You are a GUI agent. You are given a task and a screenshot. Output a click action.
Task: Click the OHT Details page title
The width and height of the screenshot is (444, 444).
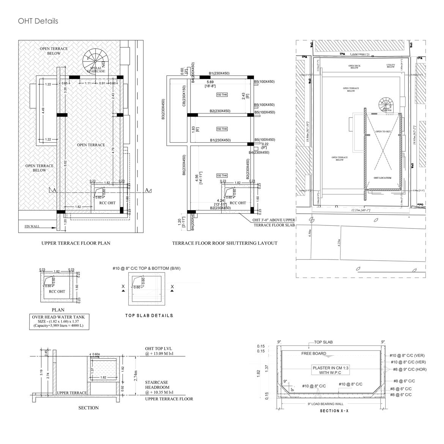tap(38, 21)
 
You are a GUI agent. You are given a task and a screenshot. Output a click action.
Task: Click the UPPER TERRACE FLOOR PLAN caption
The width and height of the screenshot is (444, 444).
tap(76, 243)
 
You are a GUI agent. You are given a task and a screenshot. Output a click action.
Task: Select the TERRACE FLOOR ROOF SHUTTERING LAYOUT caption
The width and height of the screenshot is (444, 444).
tap(225, 243)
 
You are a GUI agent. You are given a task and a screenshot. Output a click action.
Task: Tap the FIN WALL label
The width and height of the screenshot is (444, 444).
tap(32, 227)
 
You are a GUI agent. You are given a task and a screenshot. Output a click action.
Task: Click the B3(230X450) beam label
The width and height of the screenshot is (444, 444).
tap(164, 110)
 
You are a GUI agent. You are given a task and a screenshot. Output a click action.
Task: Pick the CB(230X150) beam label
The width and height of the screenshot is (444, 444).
tap(184, 96)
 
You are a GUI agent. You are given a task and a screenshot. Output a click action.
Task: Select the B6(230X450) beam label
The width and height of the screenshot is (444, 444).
tap(184, 165)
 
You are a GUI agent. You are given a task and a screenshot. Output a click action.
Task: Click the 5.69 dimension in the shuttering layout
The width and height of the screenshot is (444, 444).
tap(210, 82)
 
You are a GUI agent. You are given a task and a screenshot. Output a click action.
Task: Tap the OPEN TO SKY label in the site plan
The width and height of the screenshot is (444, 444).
tap(383, 131)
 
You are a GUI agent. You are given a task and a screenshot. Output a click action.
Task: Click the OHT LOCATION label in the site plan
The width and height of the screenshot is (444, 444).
tap(382, 178)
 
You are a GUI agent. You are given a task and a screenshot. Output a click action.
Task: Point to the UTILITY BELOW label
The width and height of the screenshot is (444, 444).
tap(390, 66)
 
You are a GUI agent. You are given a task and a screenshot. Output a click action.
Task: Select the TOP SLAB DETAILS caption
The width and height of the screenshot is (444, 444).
tap(149, 315)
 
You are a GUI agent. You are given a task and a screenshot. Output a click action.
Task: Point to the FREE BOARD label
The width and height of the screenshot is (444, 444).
tap(313, 354)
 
